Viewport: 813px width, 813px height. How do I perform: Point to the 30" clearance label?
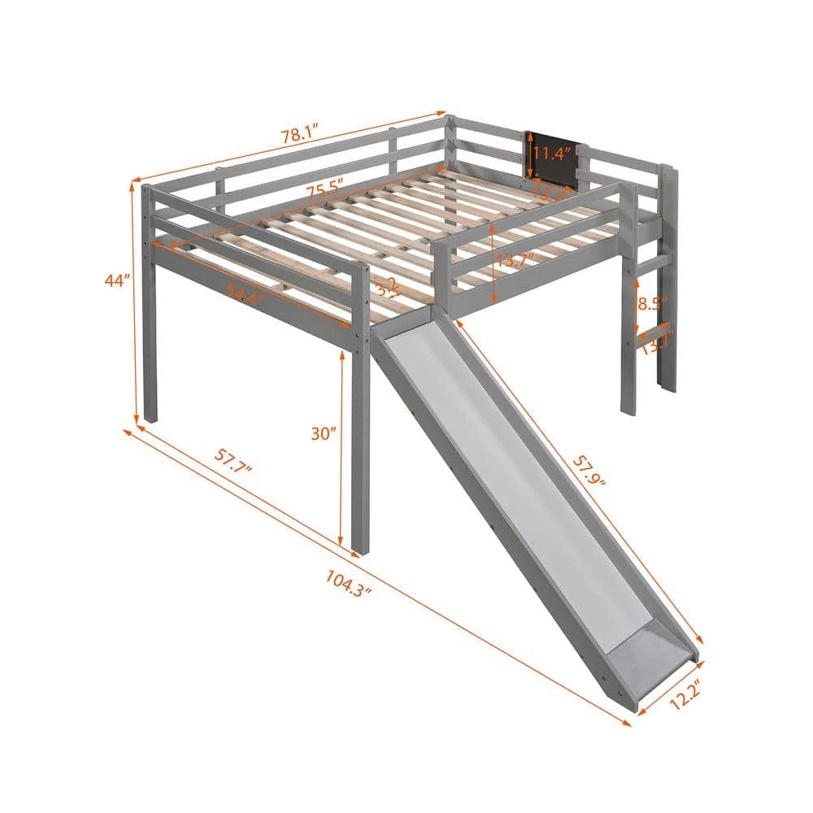[323, 433]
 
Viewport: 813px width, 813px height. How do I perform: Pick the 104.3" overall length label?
[349, 582]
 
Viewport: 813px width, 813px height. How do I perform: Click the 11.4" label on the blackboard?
[552, 153]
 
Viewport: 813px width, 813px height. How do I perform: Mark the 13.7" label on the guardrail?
[517, 261]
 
